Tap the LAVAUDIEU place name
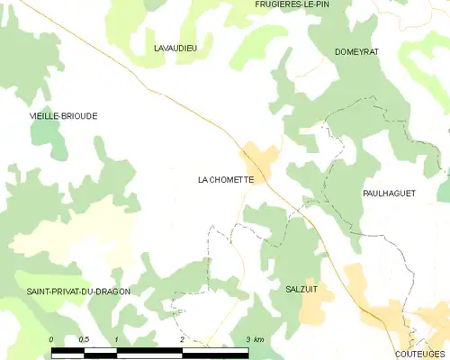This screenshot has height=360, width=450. coord(175,48)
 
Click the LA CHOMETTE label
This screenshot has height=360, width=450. coord(225,180)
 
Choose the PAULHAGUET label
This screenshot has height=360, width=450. coord(389,193)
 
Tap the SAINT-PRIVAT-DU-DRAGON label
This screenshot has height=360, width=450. coord(78,292)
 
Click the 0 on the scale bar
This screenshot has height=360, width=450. coord(51,339)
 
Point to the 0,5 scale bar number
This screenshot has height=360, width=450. coord(83,339)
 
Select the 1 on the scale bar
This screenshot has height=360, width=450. coord(116,339)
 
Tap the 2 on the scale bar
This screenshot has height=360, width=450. coord(182,339)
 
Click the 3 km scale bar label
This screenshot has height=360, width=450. coord(253,339)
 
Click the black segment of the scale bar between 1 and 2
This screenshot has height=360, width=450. coord(149,352)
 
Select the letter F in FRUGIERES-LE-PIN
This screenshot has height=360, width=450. coord(257,4)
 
